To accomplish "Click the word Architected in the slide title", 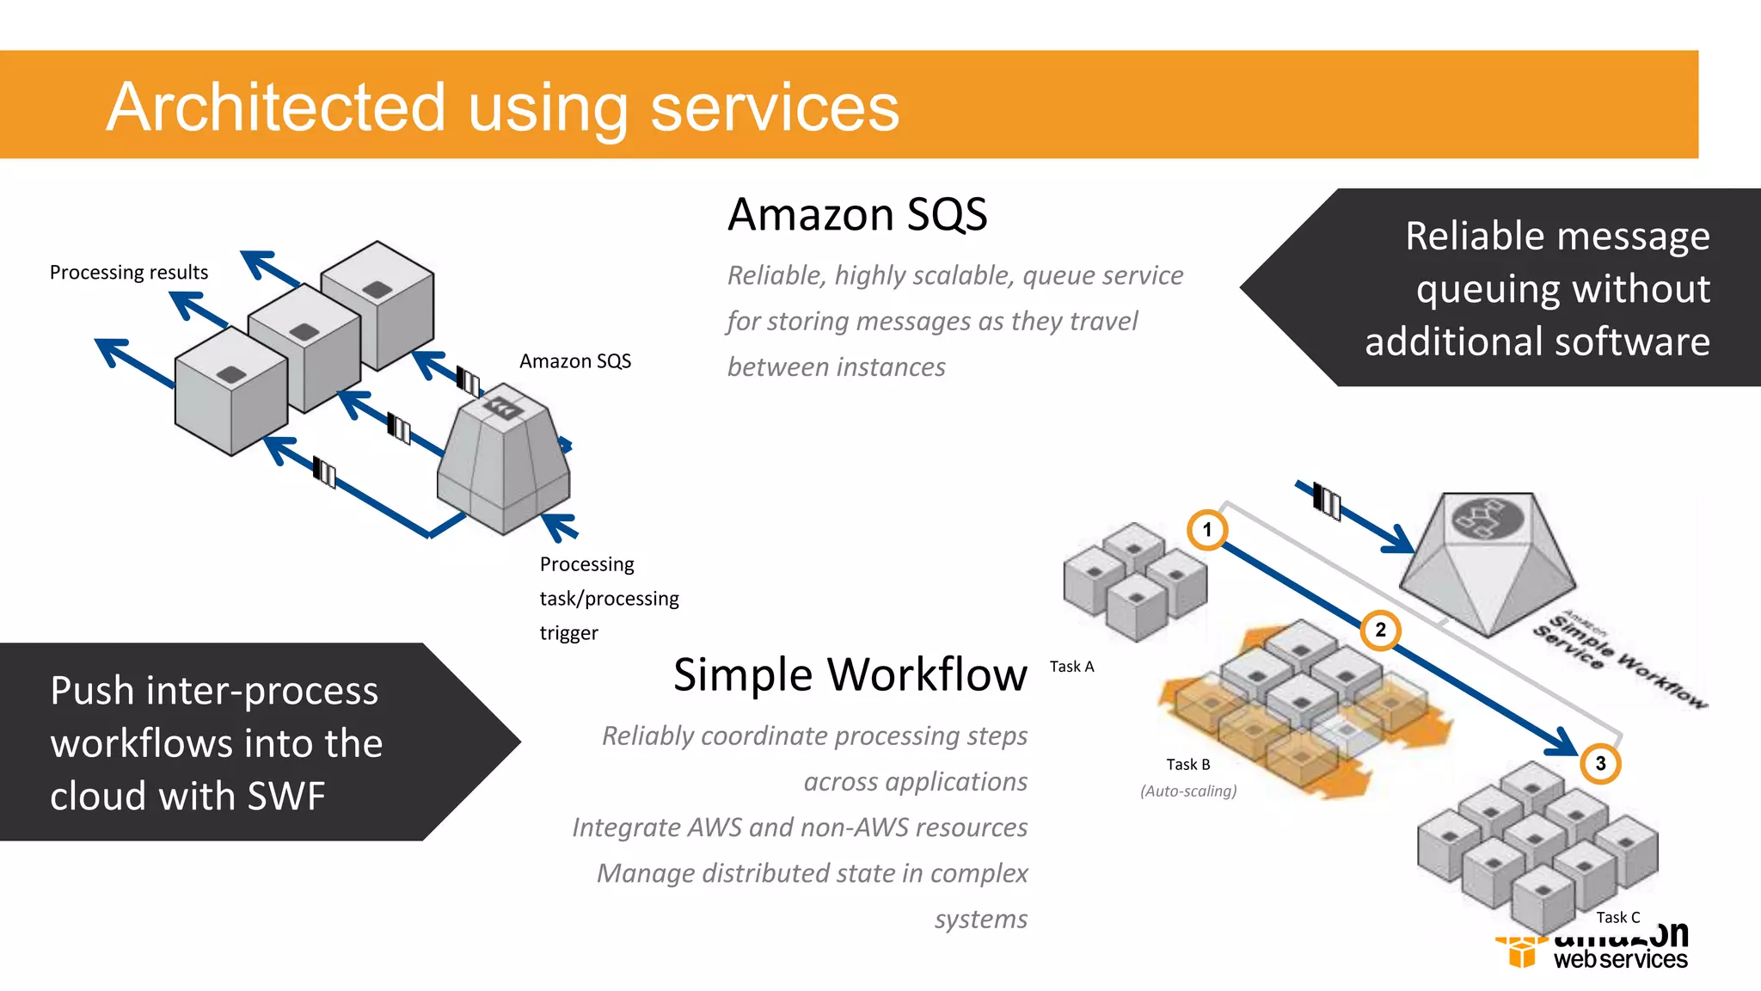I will [x=275, y=108].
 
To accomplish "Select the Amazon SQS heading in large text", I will [x=857, y=214].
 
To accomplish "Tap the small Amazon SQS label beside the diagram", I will [x=574, y=361].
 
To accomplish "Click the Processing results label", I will [x=129, y=273].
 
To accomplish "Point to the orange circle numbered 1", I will [x=1207, y=529].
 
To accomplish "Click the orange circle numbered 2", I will [x=1380, y=630].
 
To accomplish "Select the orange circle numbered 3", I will [x=1600, y=763].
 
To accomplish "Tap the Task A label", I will [x=1071, y=667].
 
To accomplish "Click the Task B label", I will [x=1187, y=765].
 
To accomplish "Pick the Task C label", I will [x=1617, y=918].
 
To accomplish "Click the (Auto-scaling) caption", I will [x=1187, y=791].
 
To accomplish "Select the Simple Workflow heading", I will [x=850, y=674].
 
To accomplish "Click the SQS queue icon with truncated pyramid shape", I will [x=504, y=460].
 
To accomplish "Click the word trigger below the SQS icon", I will [x=568, y=633].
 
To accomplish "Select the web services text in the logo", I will [x=1620, y=959].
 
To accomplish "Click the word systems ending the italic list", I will [x=980, y=920].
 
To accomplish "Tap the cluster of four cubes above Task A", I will [x=1135, y=581].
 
